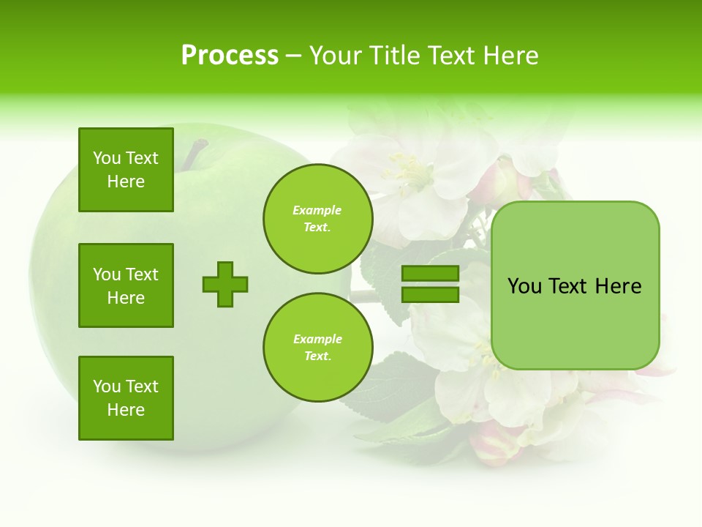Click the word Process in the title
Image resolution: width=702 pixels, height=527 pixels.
230,56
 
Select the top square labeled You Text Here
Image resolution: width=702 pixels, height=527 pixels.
126,170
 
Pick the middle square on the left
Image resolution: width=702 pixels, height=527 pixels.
126,285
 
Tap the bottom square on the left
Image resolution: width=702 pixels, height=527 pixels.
126,398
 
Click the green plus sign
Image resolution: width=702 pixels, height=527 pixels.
225,284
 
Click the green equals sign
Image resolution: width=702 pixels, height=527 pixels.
430,284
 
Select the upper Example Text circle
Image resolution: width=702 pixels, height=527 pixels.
317,219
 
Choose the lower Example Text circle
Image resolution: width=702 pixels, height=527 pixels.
317,348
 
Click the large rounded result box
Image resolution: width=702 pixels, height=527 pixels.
575,285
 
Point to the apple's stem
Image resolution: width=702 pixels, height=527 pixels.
195,154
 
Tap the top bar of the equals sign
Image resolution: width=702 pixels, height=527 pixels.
430,274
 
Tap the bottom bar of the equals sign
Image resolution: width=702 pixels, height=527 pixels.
430,294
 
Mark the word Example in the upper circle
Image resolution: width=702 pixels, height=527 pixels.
317,210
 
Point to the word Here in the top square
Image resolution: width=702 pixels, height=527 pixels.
126,182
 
